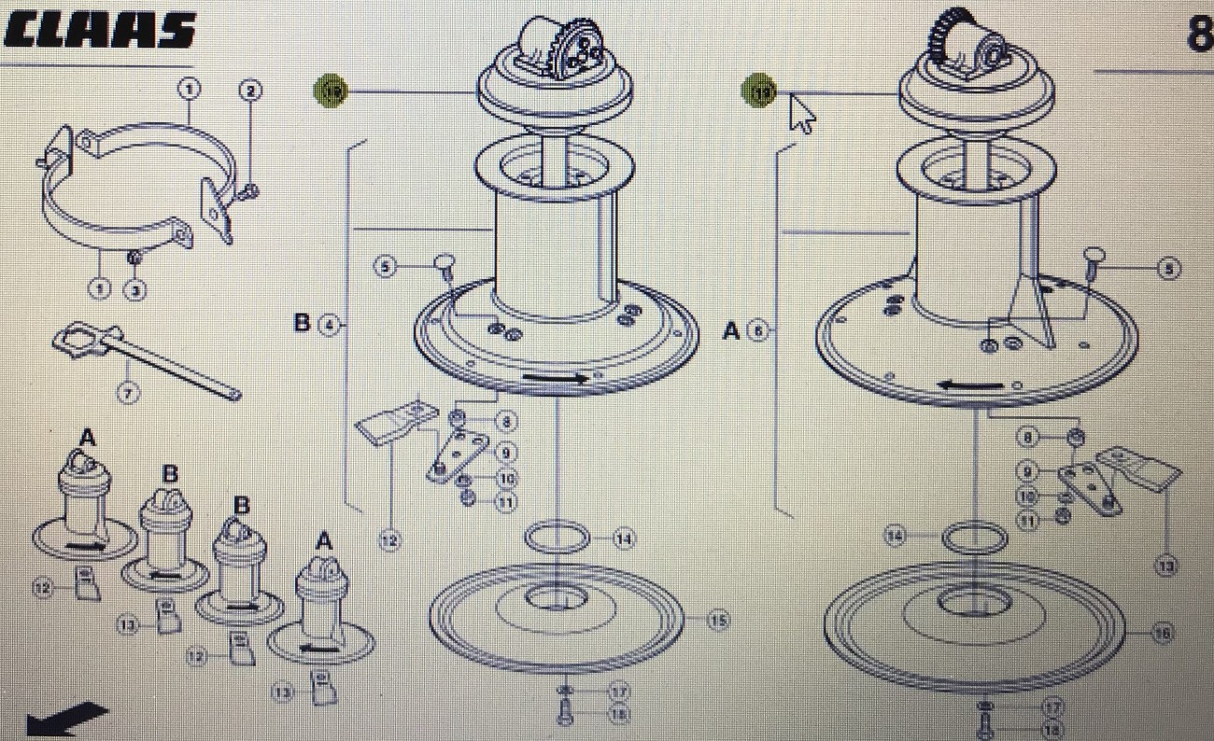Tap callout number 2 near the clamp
point(250,91)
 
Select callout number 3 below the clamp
point(135,290)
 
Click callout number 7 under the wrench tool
point(129,393)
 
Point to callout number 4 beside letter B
point(328,326)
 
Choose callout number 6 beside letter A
point(759,330)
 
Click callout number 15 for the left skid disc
point(717,620)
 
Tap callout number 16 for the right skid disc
point(1162,634)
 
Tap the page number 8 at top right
point(1198,35)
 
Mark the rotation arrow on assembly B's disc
point(556,378)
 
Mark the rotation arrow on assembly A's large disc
point(967,383)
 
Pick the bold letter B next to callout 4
point(302,323)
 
